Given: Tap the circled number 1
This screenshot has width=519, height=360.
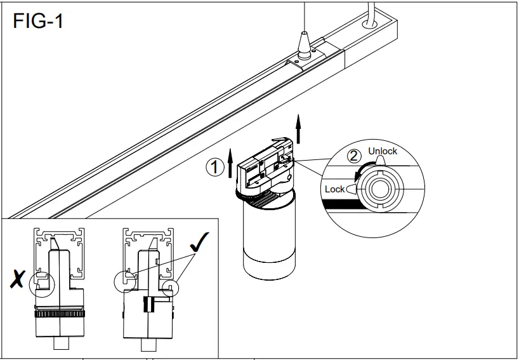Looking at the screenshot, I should (x=215, y=168).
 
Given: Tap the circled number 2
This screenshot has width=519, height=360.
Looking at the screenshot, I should (x=354, y=155).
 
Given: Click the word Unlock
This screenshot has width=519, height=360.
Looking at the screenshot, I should (x=383, y=151).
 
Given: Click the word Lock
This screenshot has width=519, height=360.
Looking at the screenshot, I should (x=334, y=189).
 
